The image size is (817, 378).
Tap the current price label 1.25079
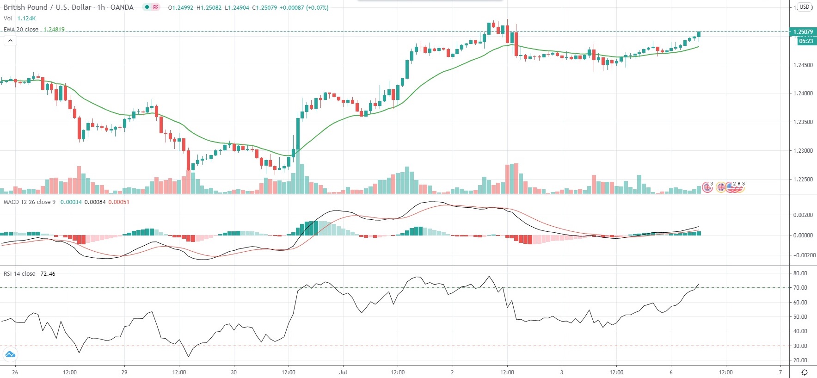(x=803, y=32)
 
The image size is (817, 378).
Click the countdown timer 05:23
(x=805, y=41)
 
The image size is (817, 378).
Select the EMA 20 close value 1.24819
(x=54, y=30)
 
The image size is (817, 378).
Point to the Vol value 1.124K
(x=26, y=19)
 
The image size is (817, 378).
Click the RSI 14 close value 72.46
(x=48, y=274)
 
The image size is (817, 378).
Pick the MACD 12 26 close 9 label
(x=30, y=202)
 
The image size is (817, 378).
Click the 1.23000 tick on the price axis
(x=803, y=151)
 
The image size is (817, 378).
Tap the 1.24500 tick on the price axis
(x=803, y=65)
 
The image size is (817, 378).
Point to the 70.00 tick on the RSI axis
(x=800, y=288)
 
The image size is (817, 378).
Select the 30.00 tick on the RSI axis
(x=800, y=346)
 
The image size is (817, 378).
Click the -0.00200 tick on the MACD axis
(x=804, y=255)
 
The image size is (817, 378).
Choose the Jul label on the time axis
(x=343, y=372)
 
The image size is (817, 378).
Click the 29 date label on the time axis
(x=124, y=372)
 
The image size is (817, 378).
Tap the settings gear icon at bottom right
(x=805, y=372)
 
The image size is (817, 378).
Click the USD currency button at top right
(x=805, y=7)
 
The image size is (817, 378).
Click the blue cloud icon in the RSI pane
(x=10, y=355)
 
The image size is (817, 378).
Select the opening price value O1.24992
(x=180, y=8)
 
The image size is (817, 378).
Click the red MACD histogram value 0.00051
(x=119, y=202)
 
